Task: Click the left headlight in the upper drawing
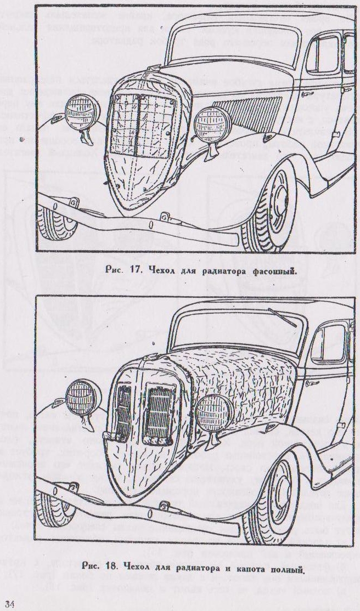[x=79, y=110]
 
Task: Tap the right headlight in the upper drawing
[x=212, y=123]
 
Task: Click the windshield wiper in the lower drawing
[x=282, y=317]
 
